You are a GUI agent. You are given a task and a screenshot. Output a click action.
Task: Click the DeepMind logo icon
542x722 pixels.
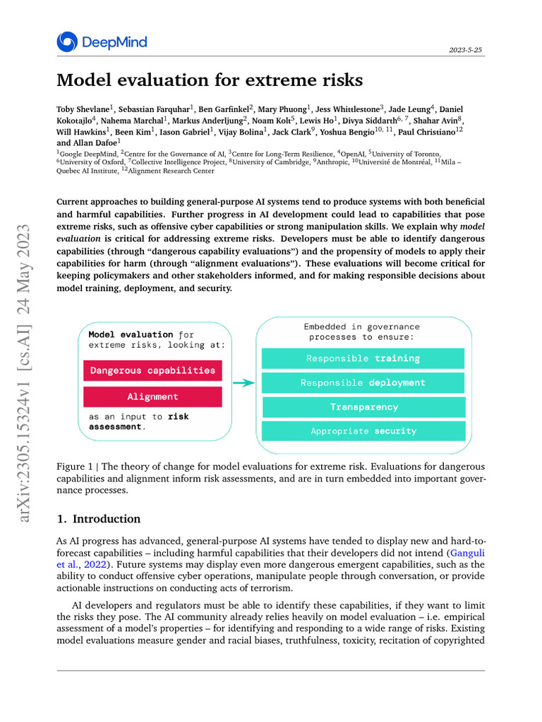click(x=67, y=42)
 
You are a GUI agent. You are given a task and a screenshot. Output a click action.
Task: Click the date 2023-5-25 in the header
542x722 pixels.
click(x=466, y=51)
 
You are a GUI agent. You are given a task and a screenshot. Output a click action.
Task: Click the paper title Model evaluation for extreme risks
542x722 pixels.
click(x=210, y=80)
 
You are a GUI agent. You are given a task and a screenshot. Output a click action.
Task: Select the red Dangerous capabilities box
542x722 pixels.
click(x=152, y=370)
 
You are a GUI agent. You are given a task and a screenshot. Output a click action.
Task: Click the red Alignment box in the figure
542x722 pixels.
click(x=152, y=396)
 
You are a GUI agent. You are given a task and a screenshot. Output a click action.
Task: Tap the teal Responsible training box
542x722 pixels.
click(x=363, y=358)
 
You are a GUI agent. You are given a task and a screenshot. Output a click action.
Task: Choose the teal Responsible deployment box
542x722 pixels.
click(x=363, y=383)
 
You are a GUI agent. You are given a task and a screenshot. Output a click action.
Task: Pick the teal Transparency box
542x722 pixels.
click(x=363, y=407)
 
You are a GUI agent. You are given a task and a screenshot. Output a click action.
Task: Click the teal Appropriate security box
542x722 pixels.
click(x=363, y=431)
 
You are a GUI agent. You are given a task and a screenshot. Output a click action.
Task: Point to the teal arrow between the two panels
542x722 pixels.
click(x=243, y=383)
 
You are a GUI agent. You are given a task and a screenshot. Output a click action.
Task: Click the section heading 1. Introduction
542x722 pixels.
click(x=99, y=519)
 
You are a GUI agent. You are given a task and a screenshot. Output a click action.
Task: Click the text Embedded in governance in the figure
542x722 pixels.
click(x=361, y=326)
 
